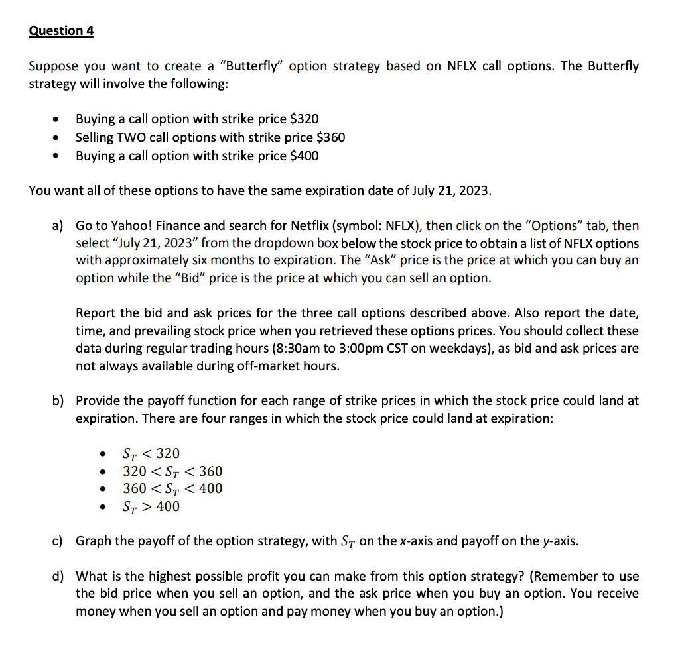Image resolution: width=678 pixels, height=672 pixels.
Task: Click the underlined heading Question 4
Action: click(x=62, y=31)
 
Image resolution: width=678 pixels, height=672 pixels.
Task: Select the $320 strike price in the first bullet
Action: click(x=305, y=119)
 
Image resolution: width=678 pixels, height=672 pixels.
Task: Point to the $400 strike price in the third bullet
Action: click(x=305, y=156)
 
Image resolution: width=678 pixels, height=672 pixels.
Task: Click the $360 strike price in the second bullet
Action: click(x=331, y=137)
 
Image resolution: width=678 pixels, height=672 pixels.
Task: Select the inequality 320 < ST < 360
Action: click(x=172, y=471)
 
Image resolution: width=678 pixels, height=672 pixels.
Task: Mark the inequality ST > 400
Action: click(x=151, y=506)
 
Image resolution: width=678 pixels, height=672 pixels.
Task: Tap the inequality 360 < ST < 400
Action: click(x=172, y=488)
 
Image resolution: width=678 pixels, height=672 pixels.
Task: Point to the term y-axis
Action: click(x=557, y=541)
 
